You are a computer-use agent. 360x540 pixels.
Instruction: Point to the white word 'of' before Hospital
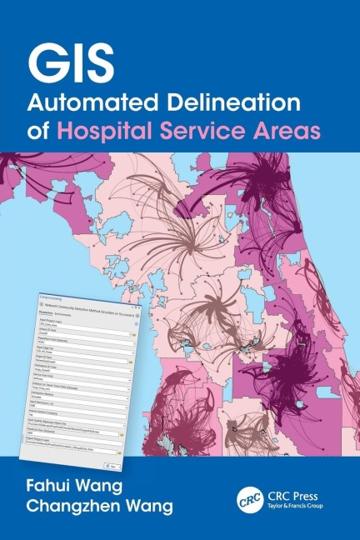click(42, 131)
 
